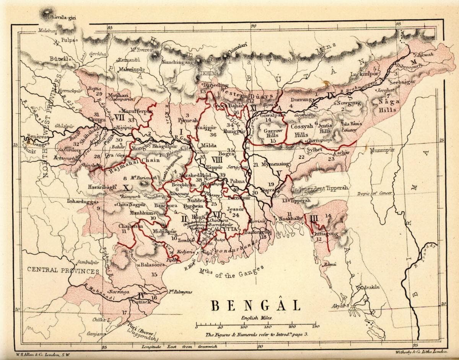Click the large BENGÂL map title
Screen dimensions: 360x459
point(256,306)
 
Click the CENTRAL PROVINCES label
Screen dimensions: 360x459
point(63,270)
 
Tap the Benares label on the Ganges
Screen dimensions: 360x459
point(36,136)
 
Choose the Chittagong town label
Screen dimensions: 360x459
point(326,233)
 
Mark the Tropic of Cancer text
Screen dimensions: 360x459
point(375,194)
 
